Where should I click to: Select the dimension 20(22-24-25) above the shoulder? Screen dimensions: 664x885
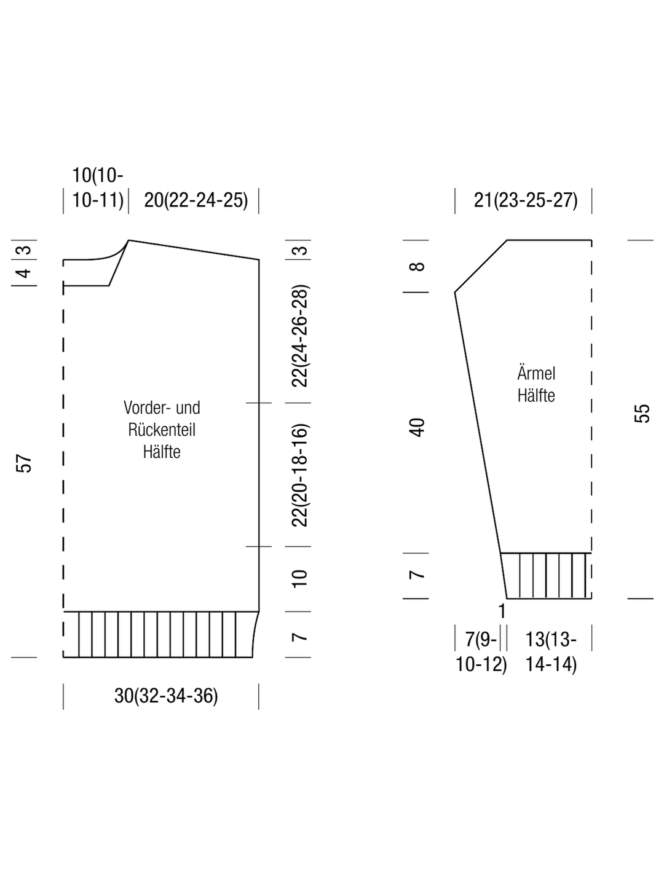click(x=196, y=200)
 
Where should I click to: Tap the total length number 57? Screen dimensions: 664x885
click(x=24, y=463)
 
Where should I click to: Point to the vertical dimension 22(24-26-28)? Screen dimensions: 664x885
click(x=300, y=336)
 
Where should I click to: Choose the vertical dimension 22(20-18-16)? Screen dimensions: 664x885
click(x=300, y=475)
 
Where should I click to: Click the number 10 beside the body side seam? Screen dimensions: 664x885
click(x=300, y=578)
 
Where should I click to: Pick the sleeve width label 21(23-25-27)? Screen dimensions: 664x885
click(x=526, y=200)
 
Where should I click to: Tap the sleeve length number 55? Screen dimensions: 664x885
click(x=642, y=413)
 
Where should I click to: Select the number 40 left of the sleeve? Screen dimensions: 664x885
click(x=417, y=428)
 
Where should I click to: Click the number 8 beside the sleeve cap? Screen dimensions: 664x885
click(x=417, y=267)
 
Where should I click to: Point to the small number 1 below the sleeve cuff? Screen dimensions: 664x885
click(x=502, y=612)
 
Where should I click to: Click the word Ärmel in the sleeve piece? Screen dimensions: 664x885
click(x=536, y=373)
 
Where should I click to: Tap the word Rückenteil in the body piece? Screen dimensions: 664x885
click(x=162, y=430)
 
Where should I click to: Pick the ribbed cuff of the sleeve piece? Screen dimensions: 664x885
click(x=547, y=576)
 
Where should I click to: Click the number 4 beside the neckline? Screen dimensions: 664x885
click(x=24, y=273)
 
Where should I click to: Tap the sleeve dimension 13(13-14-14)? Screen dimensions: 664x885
click(x=551, y=651)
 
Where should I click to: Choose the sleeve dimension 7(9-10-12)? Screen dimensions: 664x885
click(x=481, y=651)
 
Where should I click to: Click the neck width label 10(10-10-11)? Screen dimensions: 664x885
click(x=98, y=188)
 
